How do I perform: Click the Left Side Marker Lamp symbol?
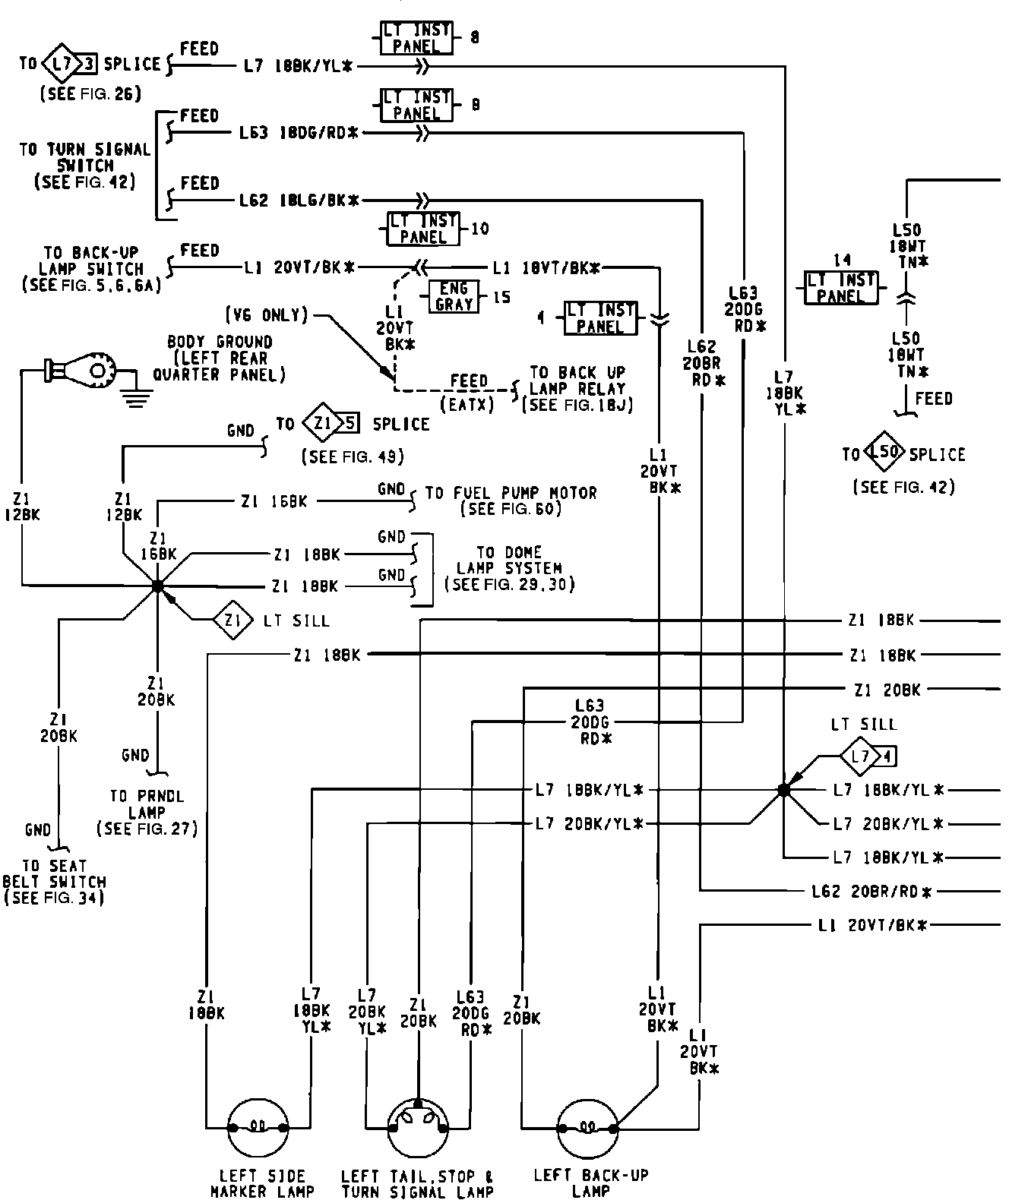click(258, 1127)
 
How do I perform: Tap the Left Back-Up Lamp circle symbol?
click(587, 1127)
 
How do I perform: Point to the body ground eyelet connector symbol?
click(82, 370)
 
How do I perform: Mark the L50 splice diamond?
click(884, 454)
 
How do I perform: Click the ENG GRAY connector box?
click(454, 297)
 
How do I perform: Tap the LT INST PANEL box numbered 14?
click(840, 288)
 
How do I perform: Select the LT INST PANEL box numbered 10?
click(423, 229)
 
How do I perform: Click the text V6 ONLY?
click(266, 314)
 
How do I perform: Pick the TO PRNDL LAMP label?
click(147, 813)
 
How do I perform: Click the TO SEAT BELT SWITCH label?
click(55, 882)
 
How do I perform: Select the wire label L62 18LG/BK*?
click(299, 201)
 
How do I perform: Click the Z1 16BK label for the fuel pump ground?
click(274, 501)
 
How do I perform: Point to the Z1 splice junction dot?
click(157, 586)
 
